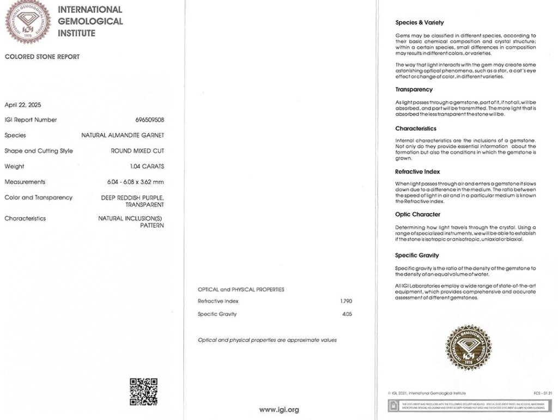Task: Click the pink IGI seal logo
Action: tap(27, 21)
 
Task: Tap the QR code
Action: tap(143, 391)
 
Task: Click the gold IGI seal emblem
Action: tap(468, 348)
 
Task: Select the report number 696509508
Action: tap(149, 120)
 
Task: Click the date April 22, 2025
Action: tap(23, 105)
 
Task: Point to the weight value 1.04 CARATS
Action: tap(147, 166)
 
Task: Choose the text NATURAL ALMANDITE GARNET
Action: tap(123, 135)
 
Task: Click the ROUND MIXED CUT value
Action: tap(137, 151)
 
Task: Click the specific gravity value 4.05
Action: tap(347, 314)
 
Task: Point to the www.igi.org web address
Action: tap(278, 410)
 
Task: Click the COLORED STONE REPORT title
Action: tap(42, 57)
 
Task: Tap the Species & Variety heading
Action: tap(420, 23)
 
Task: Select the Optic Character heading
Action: tap(417, 214)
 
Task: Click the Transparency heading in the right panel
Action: tap(414, 89)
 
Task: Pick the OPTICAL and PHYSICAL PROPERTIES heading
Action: tap(241, 289)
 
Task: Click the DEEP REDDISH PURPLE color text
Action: tap(132, 197)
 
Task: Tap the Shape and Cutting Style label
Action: tap(39, 151)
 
